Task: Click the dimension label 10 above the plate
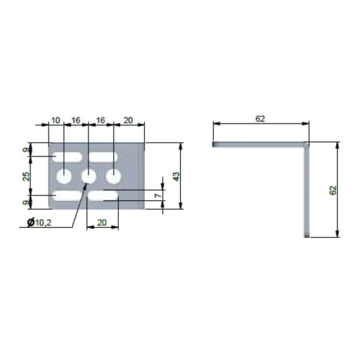pos(56,121)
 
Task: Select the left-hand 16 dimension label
pos(76,121)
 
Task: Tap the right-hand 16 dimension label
pos(101,121)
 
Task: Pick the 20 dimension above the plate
pos(128,121)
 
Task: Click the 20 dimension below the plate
pos(102,223)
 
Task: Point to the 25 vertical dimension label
pos(26,176)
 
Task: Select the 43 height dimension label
pos(176,176)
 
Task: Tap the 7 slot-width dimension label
pos(158,196)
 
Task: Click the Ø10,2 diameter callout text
pos(39,222)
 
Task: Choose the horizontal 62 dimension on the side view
pos(260,119)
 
